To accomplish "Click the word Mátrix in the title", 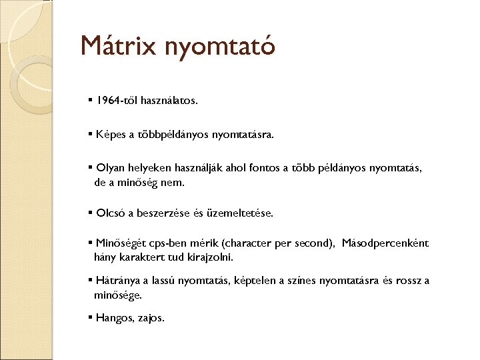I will [x=118, y=46].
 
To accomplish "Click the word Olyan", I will [x=110, y=168].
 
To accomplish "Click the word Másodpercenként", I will [x=385, y=244].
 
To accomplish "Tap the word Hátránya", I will [x=117, y=281].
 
